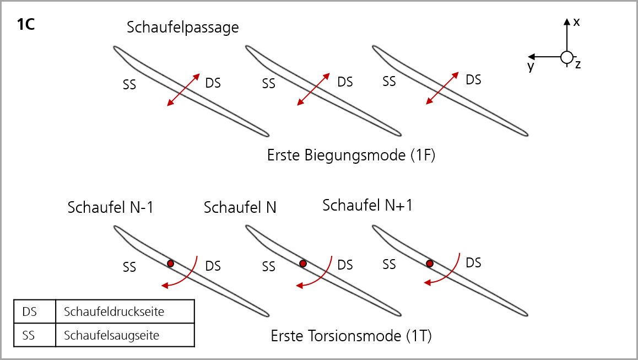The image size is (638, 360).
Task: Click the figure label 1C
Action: [x=26, y=24]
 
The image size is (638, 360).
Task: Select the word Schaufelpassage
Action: [x=183, y=27]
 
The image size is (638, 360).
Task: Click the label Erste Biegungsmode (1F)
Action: [x=351, y=155]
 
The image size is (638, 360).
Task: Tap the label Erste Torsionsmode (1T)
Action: [x=351, y=336]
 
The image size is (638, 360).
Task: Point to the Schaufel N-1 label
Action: [x=110, y=207]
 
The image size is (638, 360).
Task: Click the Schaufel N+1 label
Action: [x=367, y=205]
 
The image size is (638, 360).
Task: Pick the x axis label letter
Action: [x=576, y=22]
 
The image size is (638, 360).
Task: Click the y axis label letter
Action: [x=531, y=66]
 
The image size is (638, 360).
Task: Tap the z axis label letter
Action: [x=578, y=65]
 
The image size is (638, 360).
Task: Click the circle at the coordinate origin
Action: [x=567, y=57]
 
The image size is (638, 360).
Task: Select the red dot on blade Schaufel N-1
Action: [x=170, y=264]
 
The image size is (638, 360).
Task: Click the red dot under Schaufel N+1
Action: [x=430, y=264]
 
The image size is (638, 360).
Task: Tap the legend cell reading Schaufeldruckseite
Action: [x=125, y=311]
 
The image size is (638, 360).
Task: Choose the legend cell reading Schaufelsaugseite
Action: [x=125, y=335]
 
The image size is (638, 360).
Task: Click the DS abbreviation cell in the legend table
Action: [x=35, y=311]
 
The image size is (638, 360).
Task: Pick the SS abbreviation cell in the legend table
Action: [x=35, y=335]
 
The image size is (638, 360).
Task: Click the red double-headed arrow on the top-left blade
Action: [x=183, y=90]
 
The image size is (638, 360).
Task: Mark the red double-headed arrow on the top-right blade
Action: [x=442, y=88]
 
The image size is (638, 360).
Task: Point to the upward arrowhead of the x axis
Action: [x=567, y=22]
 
